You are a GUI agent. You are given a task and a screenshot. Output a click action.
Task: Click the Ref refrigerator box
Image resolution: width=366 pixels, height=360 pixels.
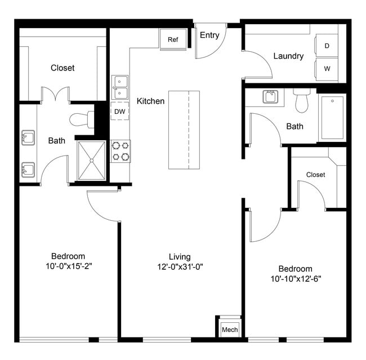(x=173, y=39)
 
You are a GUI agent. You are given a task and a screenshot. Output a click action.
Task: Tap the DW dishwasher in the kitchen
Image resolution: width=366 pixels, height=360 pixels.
(x=119, y=112)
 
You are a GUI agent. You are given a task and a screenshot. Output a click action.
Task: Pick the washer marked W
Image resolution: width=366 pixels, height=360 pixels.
(x=327, y=69)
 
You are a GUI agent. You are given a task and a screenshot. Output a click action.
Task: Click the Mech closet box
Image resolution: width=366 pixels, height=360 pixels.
(x=229, y=328)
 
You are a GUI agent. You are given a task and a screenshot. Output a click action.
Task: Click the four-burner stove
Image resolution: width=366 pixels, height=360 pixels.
(x=120, y=151)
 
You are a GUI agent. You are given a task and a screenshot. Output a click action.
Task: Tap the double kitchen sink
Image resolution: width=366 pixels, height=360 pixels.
(x=120, y=88)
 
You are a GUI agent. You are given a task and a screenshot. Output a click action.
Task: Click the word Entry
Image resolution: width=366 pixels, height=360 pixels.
(x=209, y=35)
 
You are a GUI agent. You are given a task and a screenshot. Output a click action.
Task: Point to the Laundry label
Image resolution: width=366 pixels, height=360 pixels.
(x=288, y=56)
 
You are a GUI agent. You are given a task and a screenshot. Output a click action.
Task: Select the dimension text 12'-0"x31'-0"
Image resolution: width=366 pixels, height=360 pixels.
(x=180, y=267)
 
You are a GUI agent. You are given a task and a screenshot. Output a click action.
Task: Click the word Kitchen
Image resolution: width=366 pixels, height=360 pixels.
(x=150, y=101)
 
